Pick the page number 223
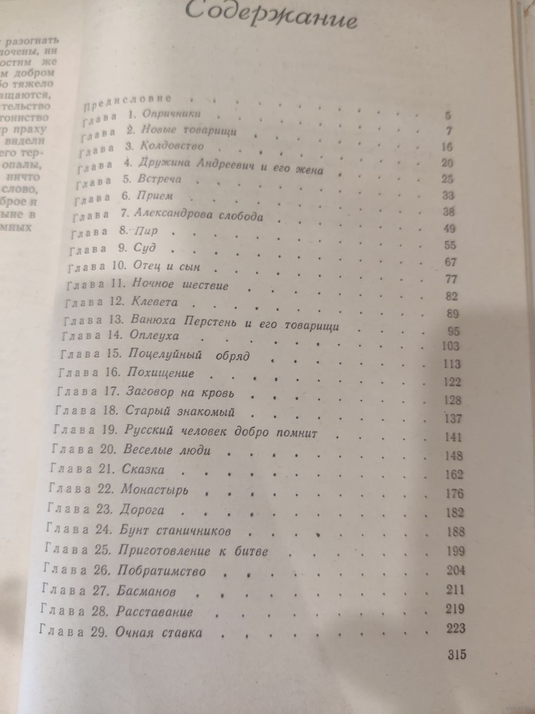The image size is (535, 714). pyautogui.click(x=455, y=628)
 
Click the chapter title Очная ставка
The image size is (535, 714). pyautogui.click(x=159, y=633)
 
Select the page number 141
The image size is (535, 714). pyautogui.click(x=453, y=437)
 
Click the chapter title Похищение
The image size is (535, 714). pyautogui.click(x=160, y=373)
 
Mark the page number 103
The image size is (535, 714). pyautogui.click(x=450, y=346)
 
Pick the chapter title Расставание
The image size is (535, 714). pyautogui.click(x=154, y=612)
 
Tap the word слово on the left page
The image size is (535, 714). pyautogui.click(x=21, y=189)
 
